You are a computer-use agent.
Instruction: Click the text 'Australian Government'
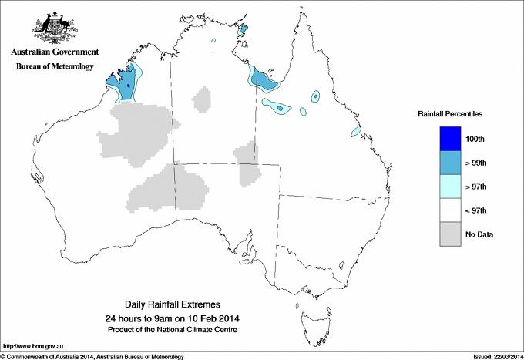(x=54, y=52)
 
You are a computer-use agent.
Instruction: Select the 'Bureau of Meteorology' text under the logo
(x=54, y=66)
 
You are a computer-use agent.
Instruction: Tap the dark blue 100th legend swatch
(x=450, y=139)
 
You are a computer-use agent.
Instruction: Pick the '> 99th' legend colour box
(x=450, y=163)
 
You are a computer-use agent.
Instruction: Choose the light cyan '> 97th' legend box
(x=450, y=187)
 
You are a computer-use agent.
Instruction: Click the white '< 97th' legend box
(x=450, y=210)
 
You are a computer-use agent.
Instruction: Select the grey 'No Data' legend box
(x=450, y=234)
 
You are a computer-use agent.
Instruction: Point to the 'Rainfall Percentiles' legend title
(x=450, y=114)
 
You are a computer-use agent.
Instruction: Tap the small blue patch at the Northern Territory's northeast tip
(x=244, y=30)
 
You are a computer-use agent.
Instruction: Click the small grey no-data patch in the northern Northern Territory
(x=203, y=99)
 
